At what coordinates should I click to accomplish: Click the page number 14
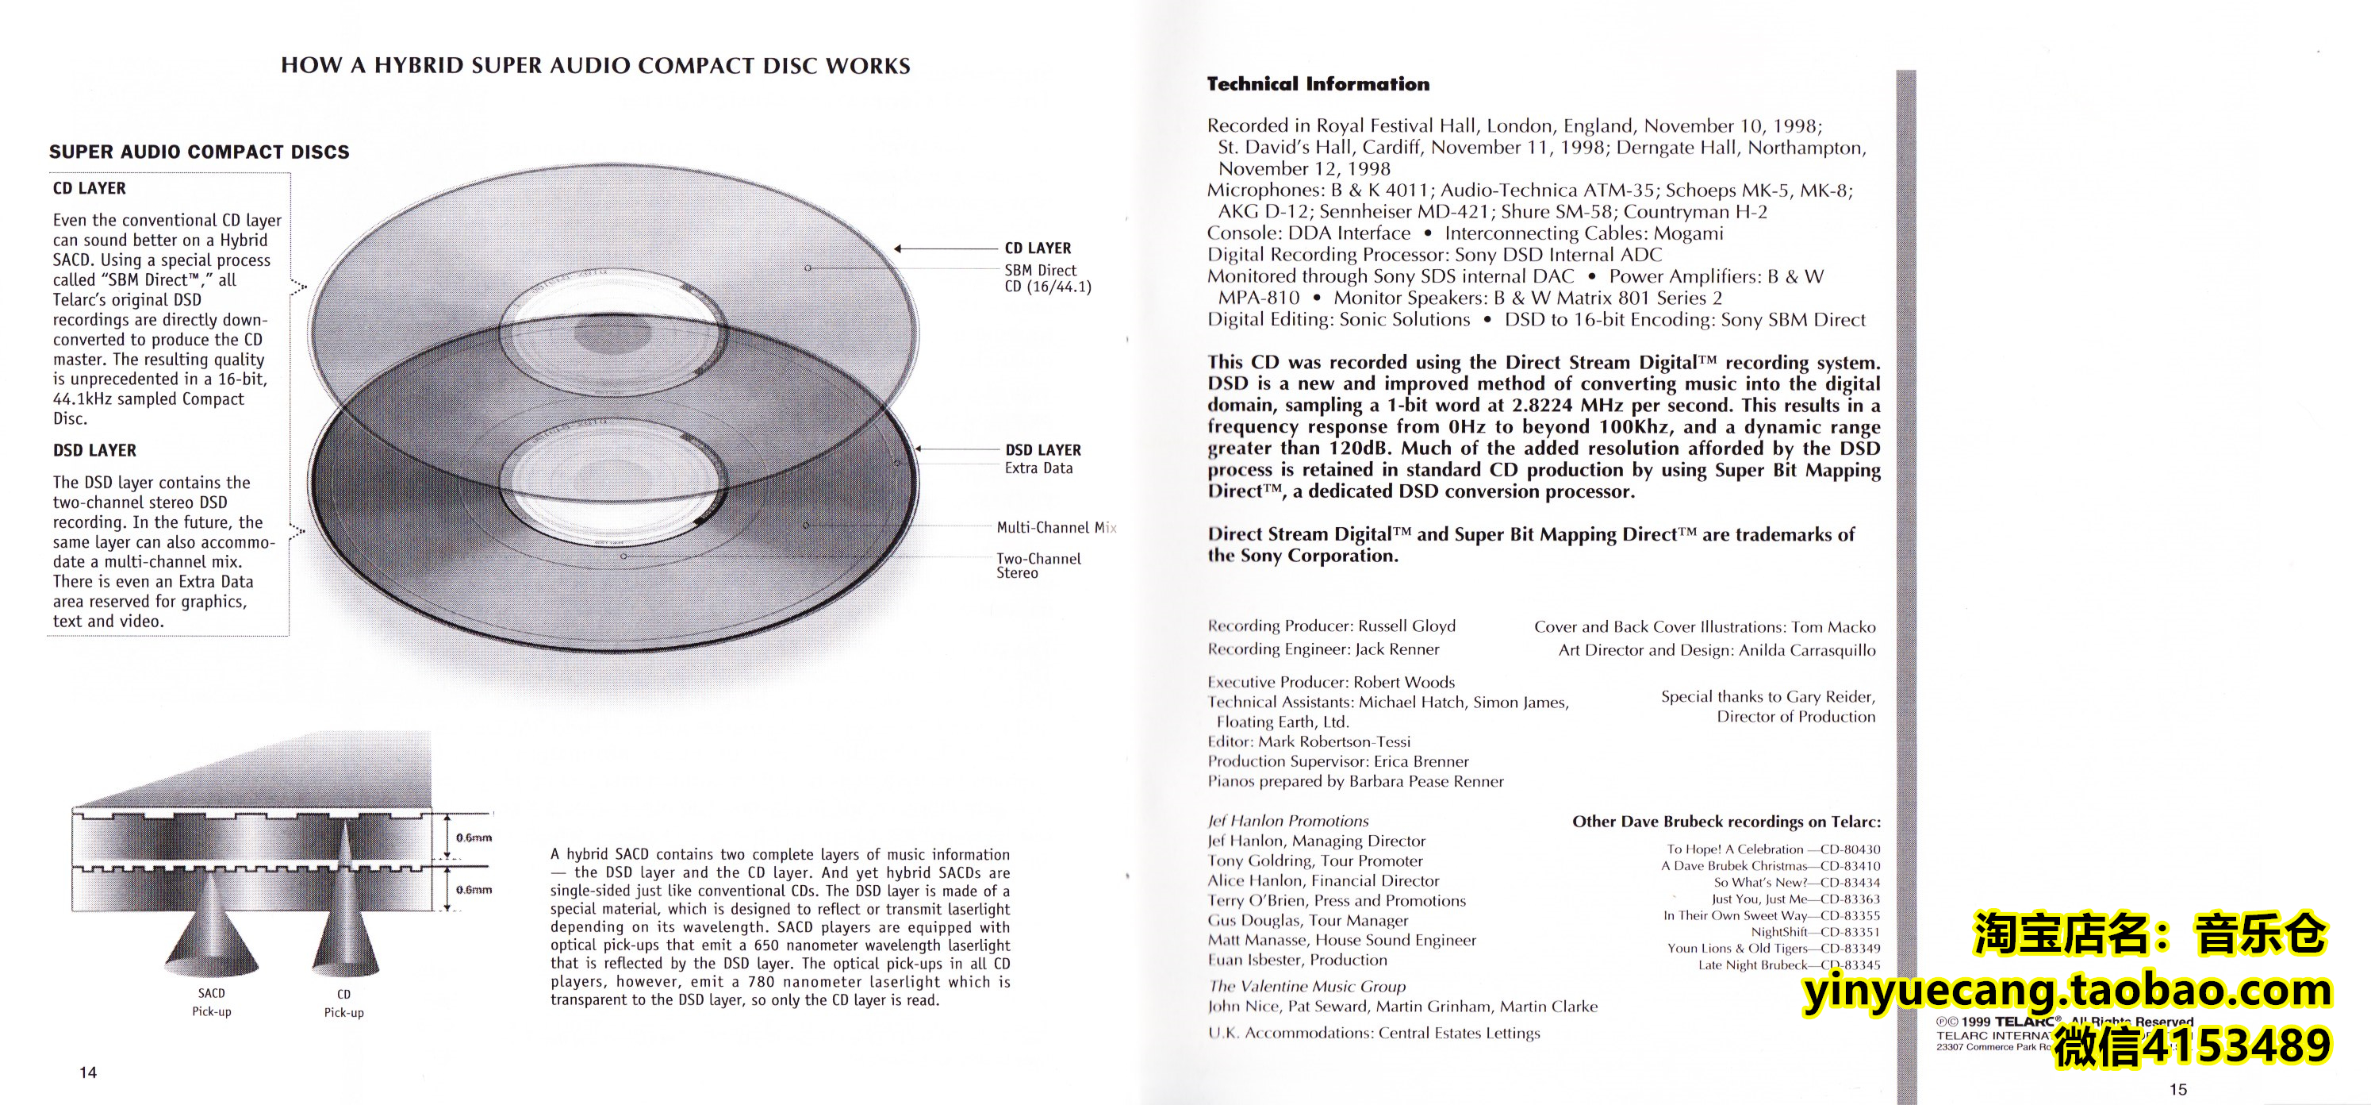pos(88,1072)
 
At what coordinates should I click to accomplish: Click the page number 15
pos(2177,1089)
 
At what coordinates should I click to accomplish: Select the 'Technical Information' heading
pos(1318,85)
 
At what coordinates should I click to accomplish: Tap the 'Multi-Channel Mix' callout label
pos(1056,528)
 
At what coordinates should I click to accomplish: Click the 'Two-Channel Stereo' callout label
pos(1038,565)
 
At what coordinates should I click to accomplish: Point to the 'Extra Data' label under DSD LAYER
pos(1038,468)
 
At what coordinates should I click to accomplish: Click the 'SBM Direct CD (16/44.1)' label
pos(1046,278)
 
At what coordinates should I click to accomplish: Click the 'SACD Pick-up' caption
pos(212,1002)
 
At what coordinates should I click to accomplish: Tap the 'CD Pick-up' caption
pos(343,1003)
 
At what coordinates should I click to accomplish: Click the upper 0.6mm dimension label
pos(474,838)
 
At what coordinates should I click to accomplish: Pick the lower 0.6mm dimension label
pos(474,890)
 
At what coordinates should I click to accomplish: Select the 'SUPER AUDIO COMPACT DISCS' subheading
pos(199,152)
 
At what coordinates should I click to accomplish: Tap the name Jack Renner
pos(1397,649)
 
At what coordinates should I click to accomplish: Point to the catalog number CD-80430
pos(1850,849)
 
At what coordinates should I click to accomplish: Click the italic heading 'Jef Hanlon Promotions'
pos(1287,821)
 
